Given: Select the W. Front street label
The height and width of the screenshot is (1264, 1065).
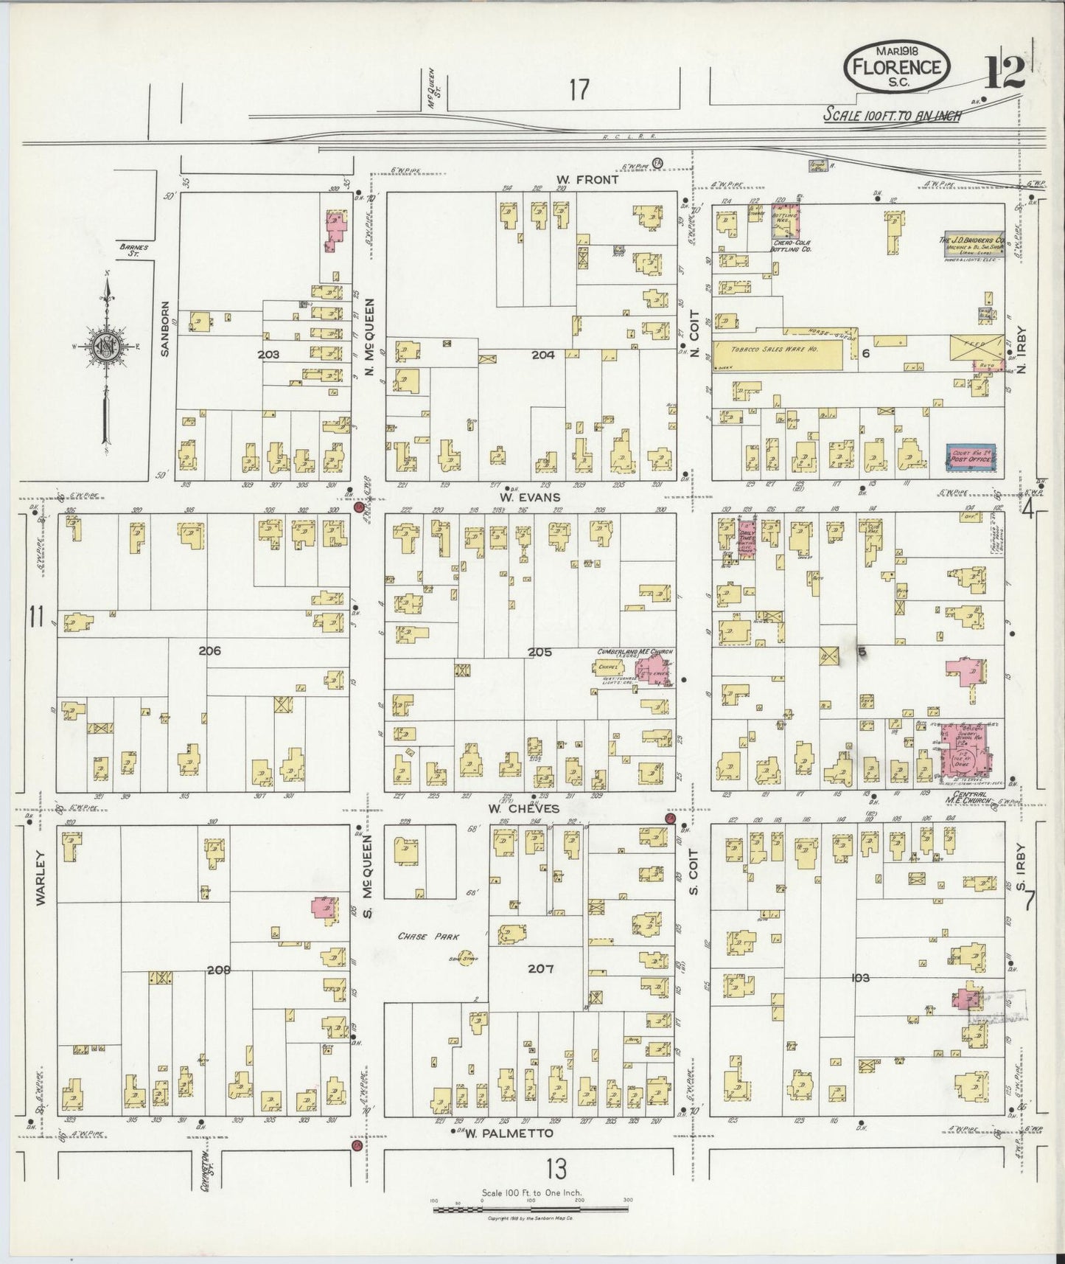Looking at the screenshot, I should (x=587, y=179).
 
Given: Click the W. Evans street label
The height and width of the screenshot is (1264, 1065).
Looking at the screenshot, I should (x=528, y=497).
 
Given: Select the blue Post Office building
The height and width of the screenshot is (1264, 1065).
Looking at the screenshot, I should (x=970, y=457).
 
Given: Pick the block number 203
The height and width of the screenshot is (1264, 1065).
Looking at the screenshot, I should (x=268, y=355).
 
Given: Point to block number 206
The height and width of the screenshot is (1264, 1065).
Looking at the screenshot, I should (x=209, y=651).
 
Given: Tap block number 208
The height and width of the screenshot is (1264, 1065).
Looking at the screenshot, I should (x=219, y=970).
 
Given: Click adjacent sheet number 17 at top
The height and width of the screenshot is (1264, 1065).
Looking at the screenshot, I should (x=579, y=90).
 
